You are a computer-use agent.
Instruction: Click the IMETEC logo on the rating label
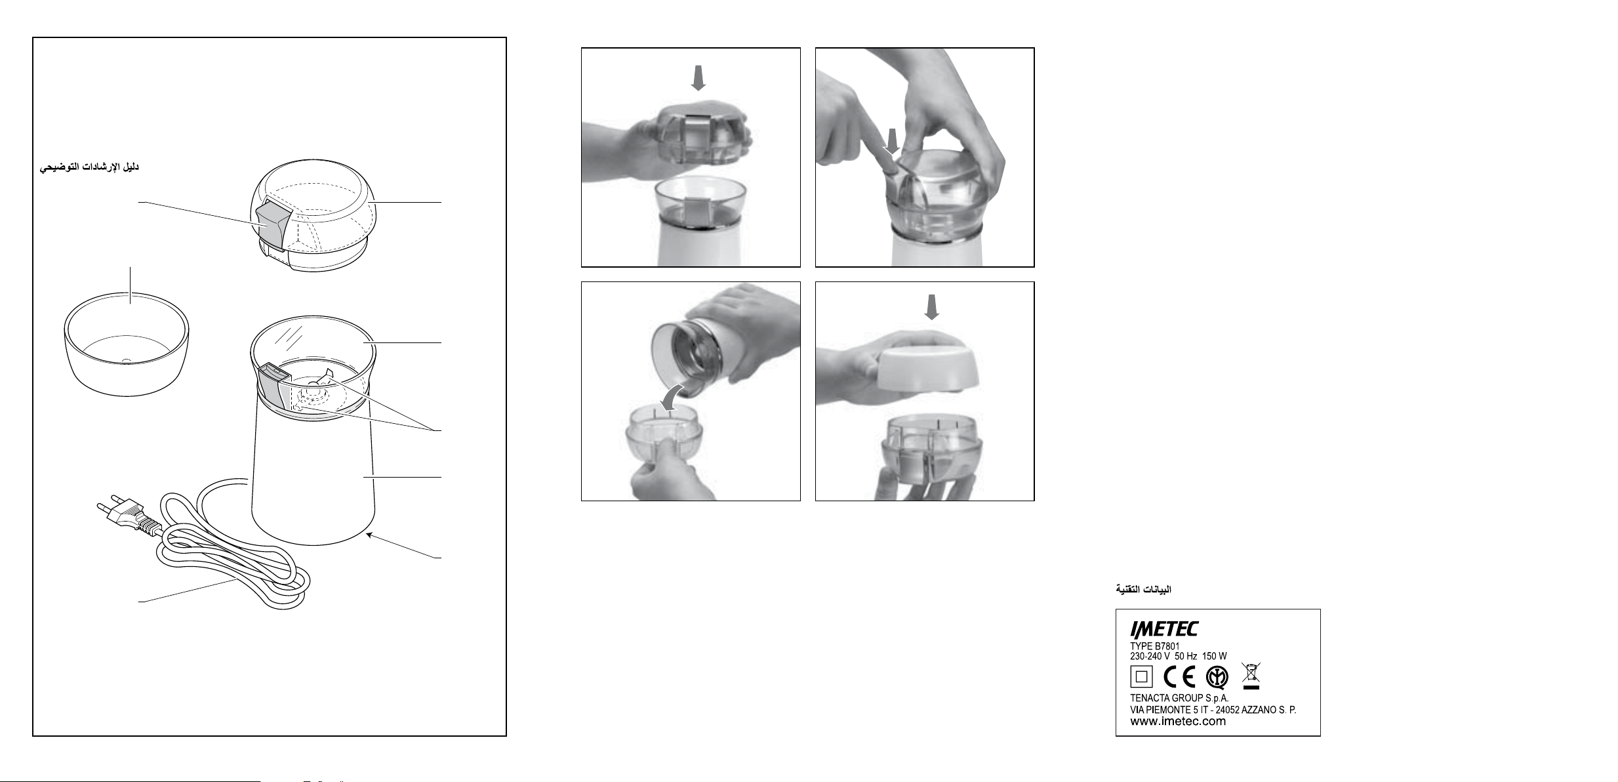[1163, 630]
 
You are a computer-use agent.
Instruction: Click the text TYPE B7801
[1155, 646]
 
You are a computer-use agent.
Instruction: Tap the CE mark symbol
[1179, 677]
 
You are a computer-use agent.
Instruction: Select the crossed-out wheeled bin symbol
[1251, 676]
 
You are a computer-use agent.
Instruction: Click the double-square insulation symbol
[1141, 677]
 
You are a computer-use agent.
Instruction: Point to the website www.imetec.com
[1178, 722]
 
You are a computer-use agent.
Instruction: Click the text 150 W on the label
[1215, 656]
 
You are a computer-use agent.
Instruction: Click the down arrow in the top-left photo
[699, 77]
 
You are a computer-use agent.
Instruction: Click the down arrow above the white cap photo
[932, 307]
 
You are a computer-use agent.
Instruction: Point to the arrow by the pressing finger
[891, 142]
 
